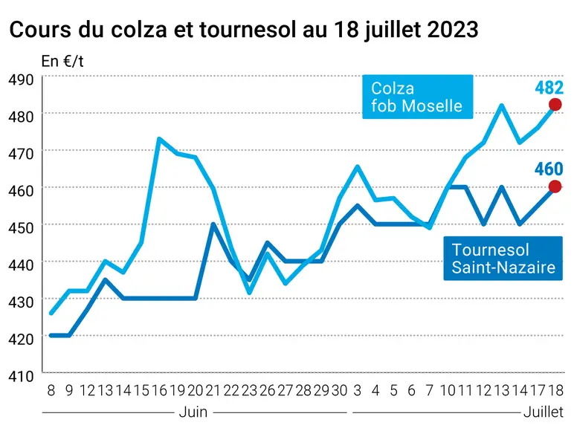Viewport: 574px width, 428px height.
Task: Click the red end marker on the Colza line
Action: pyautogui.click(x=555, y=105)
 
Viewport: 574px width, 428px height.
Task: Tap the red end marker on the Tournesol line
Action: pyautogui.click(x=555, y=187)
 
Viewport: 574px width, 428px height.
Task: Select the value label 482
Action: pyautogui.click(x=549, y=88)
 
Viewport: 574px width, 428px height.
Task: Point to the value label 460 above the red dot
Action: pyautogui.click(x=549, y=169)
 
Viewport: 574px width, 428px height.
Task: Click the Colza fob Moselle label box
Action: pyautogui.click(x=418, y=97)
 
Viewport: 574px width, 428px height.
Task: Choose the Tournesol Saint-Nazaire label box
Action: pyautogui.click(x=503, y=259)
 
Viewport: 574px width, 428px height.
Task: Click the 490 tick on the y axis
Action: pyautogui.click(x=21, y=80)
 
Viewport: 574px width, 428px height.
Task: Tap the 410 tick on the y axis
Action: pyautogui.click(x=21, y=376)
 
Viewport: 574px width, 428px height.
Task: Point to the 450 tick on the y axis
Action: pyautogui.click(x=21, y=227)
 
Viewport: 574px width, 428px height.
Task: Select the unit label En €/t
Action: pyautogui.click(x=62, y=61)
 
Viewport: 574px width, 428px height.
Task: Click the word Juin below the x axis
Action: pyautogui.click(x=193, y=412)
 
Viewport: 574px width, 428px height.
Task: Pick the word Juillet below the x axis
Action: pyautogui.click(x=544, y=412)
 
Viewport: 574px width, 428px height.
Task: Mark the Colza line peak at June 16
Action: pyautogui.click(x=159, y=139)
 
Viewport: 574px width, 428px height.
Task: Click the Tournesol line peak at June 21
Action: pyautogui.click(x=213, y=224)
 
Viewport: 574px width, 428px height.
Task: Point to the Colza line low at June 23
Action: pyautogui.click(x=249, y=293)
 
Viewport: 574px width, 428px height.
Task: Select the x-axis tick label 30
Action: pyautogui.click(x=339, y=390)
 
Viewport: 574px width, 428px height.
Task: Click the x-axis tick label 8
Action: pyautogui.click(x=51, y=390)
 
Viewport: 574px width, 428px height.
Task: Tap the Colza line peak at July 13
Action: pyautogui.click(x=502, y=106)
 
